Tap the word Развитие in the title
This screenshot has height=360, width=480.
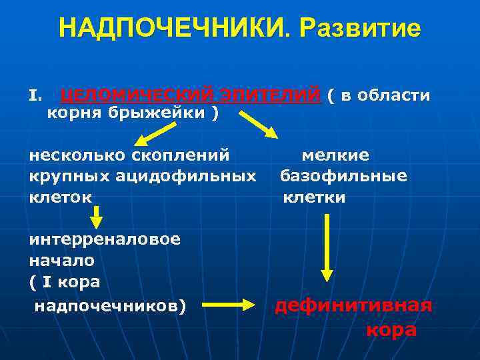pyautogui.click(x=361, y=29)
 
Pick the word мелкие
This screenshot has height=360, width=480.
pyautogui.click(x=335, y=156)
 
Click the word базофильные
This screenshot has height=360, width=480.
pyautogui.click(x=343, y=177)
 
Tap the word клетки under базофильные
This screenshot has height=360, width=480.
pyautogui.click(x=314, y=197)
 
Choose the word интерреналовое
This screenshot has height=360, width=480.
pyautogui.click(x=105, y=239)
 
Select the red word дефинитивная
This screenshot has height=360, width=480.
pyautogui.click(x=353, y=306)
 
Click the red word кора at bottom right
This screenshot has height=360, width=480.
pyautogui.click(x=391, y=331)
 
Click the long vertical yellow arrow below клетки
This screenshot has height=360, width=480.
pyautogui.click(x=326, y=247)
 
